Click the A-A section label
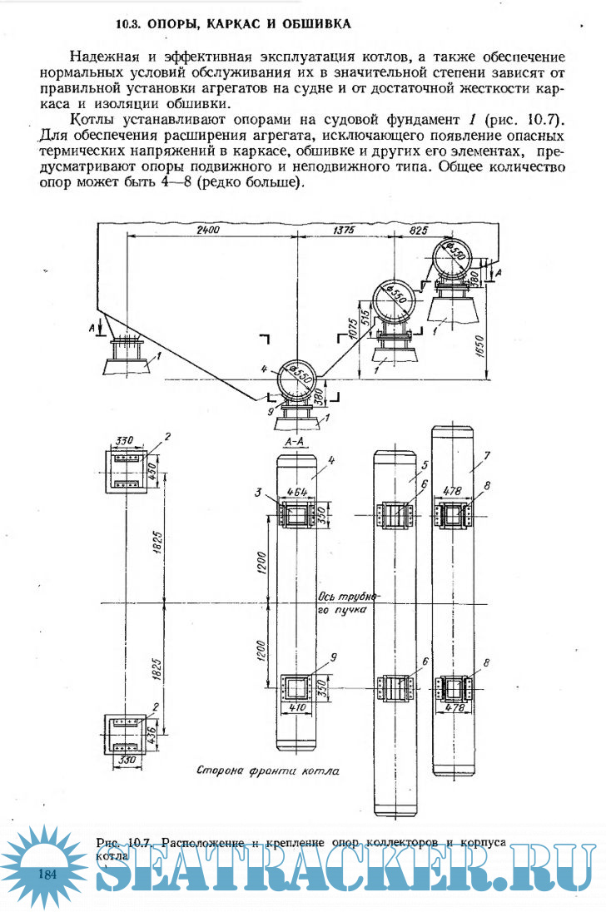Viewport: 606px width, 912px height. [x=297, y=439]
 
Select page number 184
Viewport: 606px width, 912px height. [x=47, y=873]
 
